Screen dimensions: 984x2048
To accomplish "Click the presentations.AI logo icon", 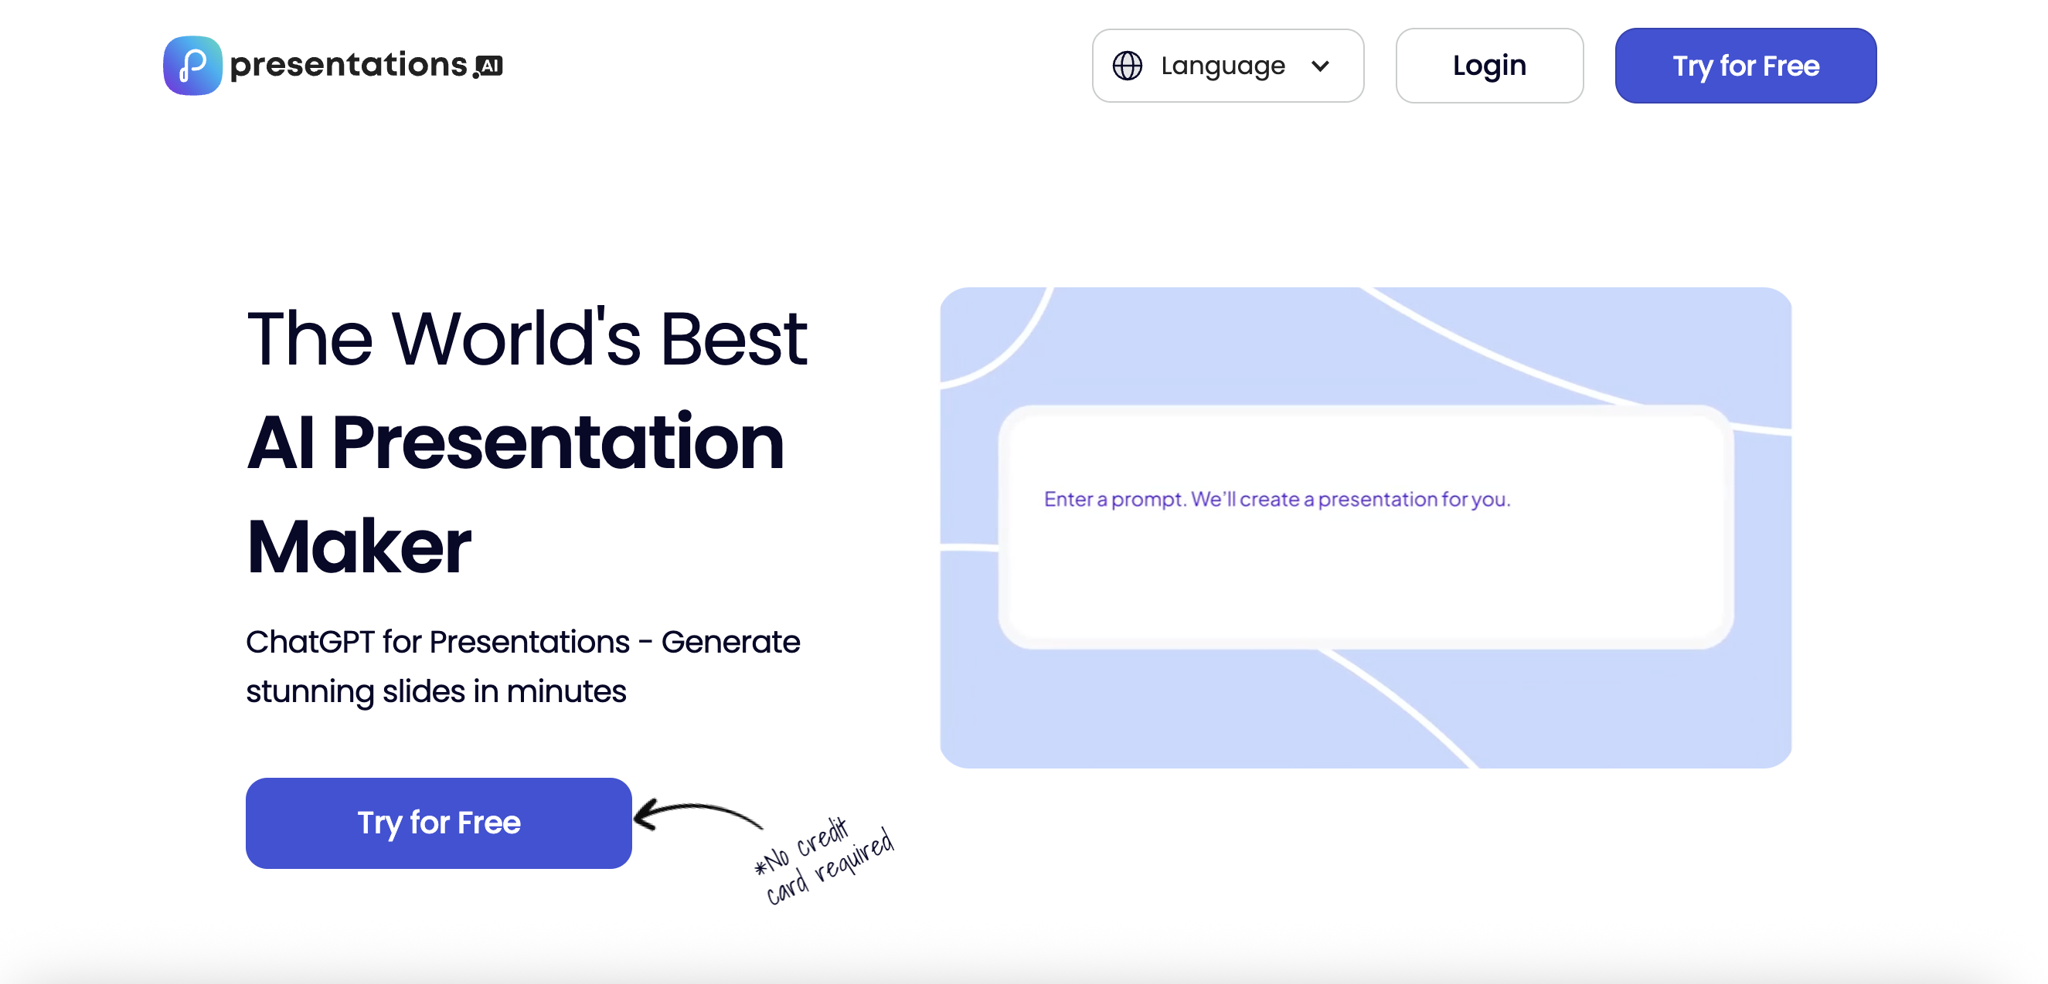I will [192, 65].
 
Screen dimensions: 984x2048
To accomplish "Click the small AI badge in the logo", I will [490, 66].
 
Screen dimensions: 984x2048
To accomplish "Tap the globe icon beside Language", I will [1127, 66].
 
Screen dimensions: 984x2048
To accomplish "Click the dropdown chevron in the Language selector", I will [1320, 66].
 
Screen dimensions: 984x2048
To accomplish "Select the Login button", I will [1488, 66].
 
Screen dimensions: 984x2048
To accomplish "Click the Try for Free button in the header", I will [1745, 66].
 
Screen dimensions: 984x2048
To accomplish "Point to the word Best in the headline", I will [733, 339].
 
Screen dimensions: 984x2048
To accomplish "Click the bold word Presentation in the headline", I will [557, 443].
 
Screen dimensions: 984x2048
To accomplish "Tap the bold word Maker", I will [359, 547].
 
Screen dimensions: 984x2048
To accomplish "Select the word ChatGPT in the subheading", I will [310, 642].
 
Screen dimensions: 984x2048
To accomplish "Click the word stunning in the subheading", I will [310, 691].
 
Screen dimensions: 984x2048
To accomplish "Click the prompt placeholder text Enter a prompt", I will [1114, 499].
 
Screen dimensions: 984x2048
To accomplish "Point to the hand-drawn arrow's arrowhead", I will [644, 814].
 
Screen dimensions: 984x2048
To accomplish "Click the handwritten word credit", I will [822, 836].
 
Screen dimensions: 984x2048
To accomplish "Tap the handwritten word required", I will [856, 857].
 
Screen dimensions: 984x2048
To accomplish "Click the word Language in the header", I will [1222, 66].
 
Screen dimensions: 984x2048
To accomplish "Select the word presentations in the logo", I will [349, 65].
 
